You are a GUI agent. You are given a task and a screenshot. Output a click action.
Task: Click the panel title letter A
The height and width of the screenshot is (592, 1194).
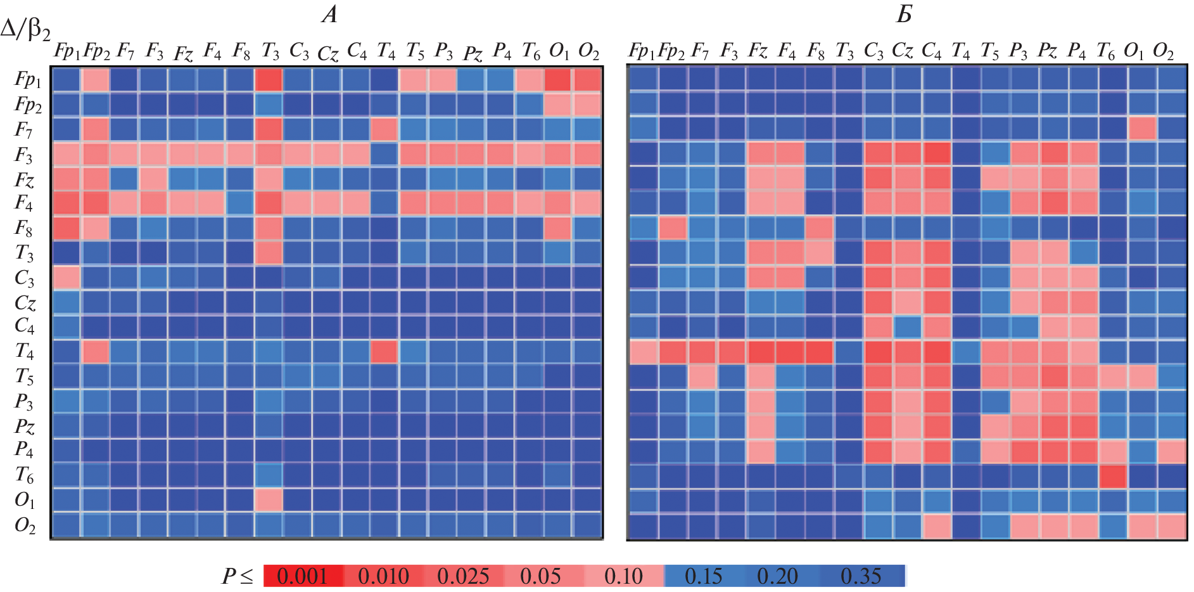point(329,14)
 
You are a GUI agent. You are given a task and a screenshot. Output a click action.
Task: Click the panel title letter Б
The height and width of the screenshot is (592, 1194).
point(905,14)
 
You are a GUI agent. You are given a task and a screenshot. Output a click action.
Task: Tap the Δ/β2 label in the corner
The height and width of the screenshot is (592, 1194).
point(25,29)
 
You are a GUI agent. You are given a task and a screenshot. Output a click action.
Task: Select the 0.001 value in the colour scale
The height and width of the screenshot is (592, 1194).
point(302,576)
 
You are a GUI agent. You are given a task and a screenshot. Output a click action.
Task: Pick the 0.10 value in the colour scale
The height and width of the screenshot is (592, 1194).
point(623,576)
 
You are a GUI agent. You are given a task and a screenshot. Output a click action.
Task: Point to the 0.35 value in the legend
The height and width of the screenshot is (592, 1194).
point(861,576)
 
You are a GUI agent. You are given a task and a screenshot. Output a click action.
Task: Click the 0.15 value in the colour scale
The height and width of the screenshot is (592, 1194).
point(703,576)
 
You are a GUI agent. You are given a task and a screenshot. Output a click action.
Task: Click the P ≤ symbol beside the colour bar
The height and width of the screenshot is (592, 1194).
point(237,576)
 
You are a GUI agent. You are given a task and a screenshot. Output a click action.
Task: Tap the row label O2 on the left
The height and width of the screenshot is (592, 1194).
point(25,525)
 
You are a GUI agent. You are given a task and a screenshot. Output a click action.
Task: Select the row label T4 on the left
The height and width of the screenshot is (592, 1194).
point(24,351)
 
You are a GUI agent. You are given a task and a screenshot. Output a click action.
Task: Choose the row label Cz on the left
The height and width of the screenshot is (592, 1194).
point(25,303)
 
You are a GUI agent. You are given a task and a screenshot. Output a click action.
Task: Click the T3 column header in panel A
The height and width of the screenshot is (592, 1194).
point(270,51)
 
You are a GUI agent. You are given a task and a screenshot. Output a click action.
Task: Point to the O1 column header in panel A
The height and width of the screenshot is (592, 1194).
point(559,51)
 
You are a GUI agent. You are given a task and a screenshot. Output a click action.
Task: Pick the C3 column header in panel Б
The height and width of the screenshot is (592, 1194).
point(873,51)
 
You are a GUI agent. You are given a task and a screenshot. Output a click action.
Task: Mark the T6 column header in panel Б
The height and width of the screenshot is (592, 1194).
point(1106,51)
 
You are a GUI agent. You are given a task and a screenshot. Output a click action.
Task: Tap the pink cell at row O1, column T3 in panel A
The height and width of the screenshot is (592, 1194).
point(269,500)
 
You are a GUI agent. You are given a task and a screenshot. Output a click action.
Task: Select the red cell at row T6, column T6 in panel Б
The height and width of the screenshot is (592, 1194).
point(1112,476)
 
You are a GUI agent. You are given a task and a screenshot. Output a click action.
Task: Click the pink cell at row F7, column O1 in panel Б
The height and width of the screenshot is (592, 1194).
point(1142,129)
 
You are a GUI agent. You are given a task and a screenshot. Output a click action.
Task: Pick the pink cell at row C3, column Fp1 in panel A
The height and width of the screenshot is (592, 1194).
point(66,278)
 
